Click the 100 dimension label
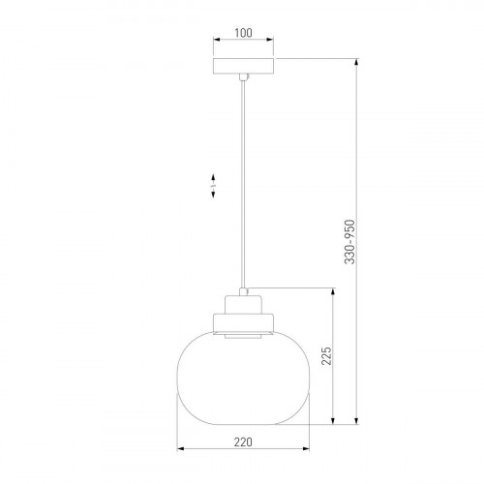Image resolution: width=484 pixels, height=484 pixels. coord(243,33)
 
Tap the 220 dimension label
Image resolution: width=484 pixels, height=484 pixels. coord(243,442)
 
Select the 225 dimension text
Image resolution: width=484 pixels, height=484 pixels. coord(326,356)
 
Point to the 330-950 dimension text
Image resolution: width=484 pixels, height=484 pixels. coord(349,242)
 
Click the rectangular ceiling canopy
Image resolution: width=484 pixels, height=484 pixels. coord(243,66)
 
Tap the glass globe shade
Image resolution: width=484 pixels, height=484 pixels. coord(243,378)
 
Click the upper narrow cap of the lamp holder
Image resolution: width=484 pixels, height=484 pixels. coord(243,305)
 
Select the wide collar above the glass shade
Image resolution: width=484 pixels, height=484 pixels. coord(243,322)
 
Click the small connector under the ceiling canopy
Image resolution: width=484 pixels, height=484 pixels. coord(244,77)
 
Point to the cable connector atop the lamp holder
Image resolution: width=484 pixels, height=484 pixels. coord(244,291)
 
